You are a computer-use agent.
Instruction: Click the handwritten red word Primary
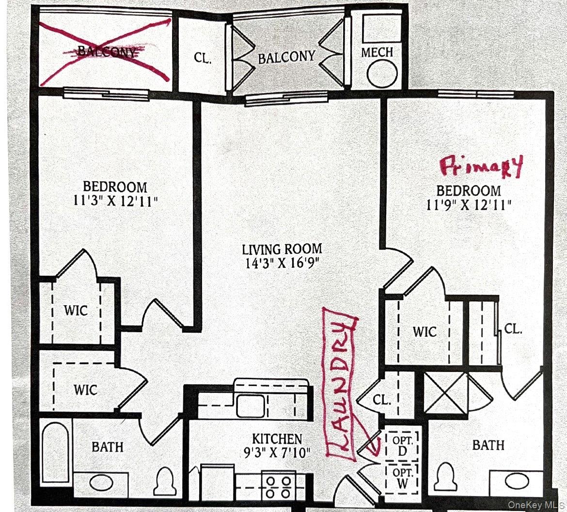point(481,167)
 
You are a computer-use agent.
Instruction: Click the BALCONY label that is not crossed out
point(286,57)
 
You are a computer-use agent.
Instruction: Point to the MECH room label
point(377,52)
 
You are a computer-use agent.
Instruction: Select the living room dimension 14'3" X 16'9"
point(282,264)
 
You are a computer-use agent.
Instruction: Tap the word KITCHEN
point(277,439)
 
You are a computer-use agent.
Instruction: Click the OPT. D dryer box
point(402,445)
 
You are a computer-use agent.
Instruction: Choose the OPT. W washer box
point(402,477)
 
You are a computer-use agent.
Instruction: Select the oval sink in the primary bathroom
point(516,482)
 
